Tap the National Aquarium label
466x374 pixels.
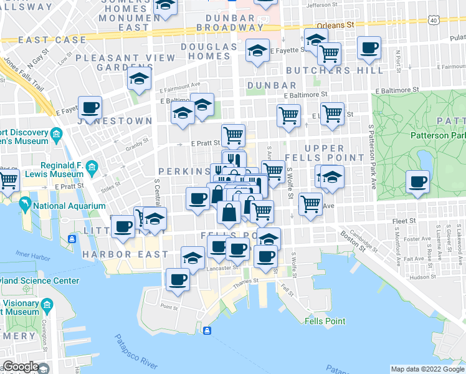coord(69,206)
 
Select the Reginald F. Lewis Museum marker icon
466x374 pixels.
coord(92,167)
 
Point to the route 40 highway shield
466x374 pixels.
coord(433,20)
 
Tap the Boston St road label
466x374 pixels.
coord(353,240)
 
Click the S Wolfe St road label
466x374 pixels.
coord(290,183)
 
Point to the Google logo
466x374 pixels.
coord(21,367)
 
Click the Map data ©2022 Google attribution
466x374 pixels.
coord(427,369)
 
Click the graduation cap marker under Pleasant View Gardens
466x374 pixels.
coord(139,79)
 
